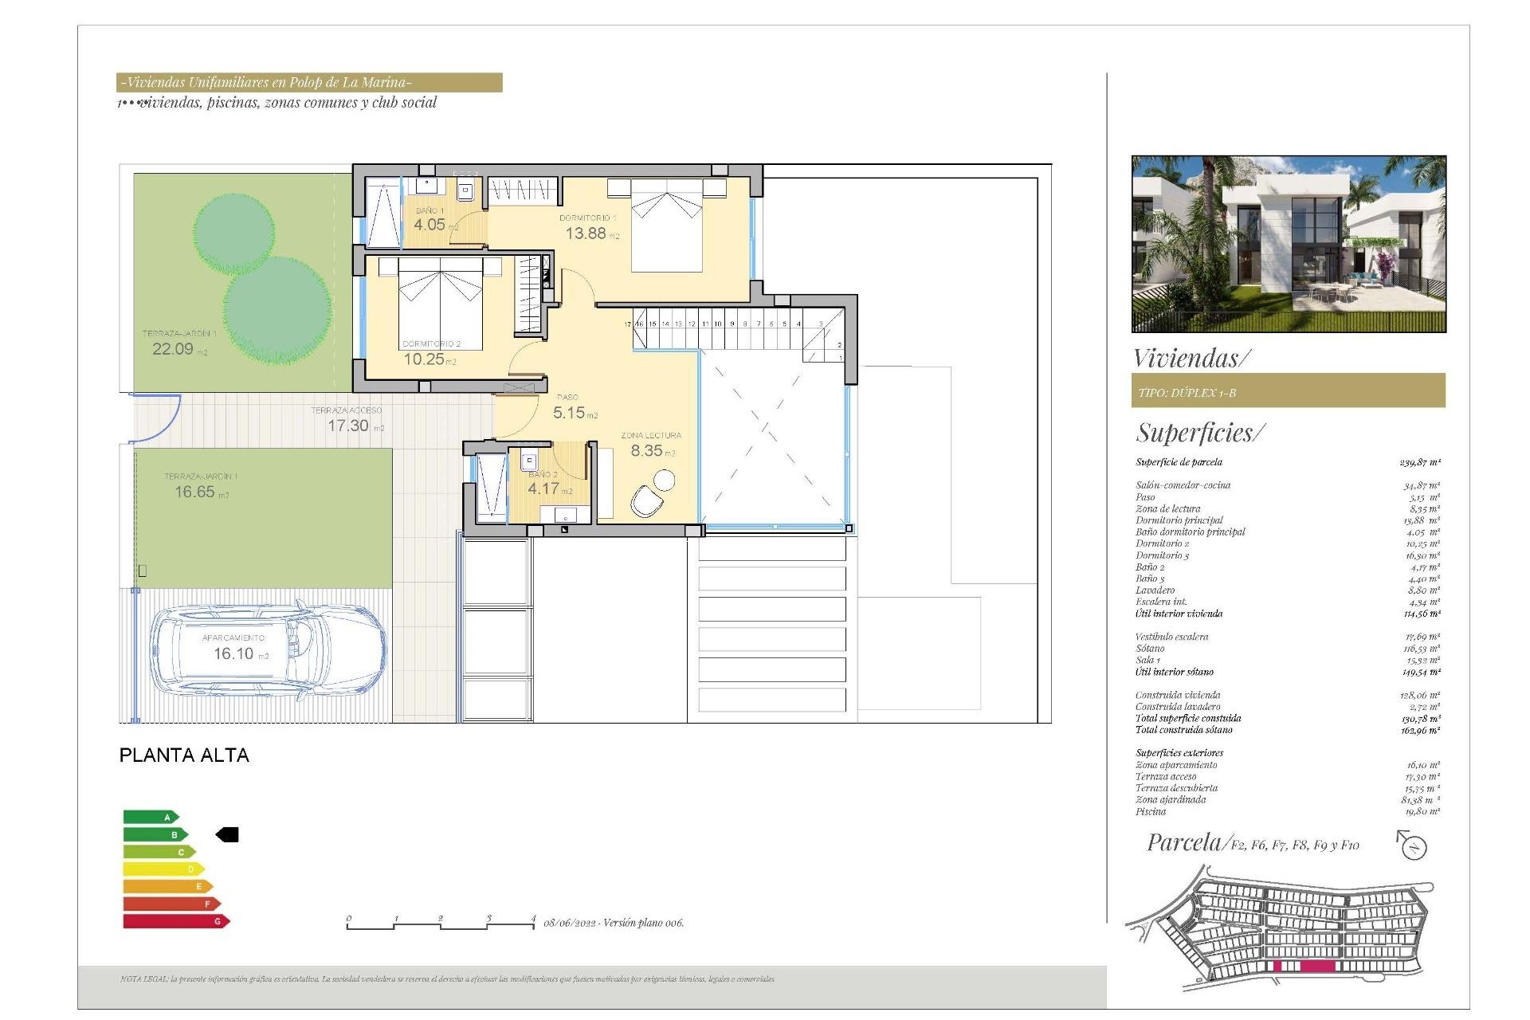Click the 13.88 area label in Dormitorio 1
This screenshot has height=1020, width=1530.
[586, 233]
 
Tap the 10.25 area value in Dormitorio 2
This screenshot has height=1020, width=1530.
[424, 359]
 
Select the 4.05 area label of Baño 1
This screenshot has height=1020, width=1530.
[430, 225]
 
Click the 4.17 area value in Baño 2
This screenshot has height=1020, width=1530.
[543, 488]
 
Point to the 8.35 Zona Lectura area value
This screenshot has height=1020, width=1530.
[646, 450]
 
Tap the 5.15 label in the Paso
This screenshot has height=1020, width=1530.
[569, 413]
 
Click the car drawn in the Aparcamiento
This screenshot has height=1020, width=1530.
[269, 653]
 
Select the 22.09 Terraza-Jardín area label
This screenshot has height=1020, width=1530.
[173, 349]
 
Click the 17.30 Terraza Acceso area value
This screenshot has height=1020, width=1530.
[348, 426]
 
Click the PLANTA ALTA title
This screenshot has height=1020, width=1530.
[184, 755]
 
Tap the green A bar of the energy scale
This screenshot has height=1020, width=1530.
[151, 817]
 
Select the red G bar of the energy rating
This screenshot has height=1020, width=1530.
[176, 921]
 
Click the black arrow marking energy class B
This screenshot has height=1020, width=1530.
[227, 834]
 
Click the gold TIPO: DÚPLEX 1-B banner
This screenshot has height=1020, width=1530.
[1288, 391]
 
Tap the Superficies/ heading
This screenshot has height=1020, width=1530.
[1199, 433]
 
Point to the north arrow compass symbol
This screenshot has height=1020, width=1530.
[1413, 845]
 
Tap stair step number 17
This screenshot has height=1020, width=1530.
[627, 324]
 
